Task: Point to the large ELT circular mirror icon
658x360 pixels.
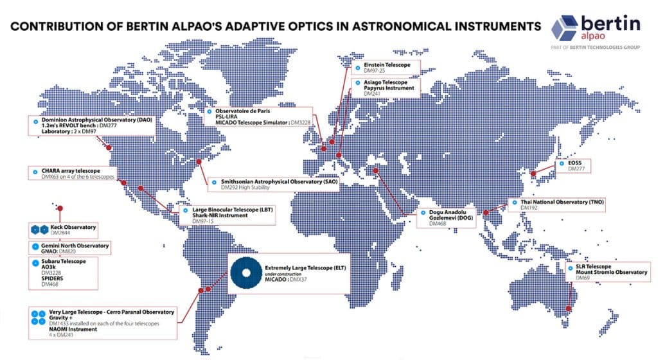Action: pos(245,273)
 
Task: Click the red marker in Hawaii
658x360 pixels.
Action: pos(60,208)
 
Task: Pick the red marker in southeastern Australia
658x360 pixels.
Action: pos(567,310)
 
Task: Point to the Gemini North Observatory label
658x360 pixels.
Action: pos(75,246)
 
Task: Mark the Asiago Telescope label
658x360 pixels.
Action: pos(385,82)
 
